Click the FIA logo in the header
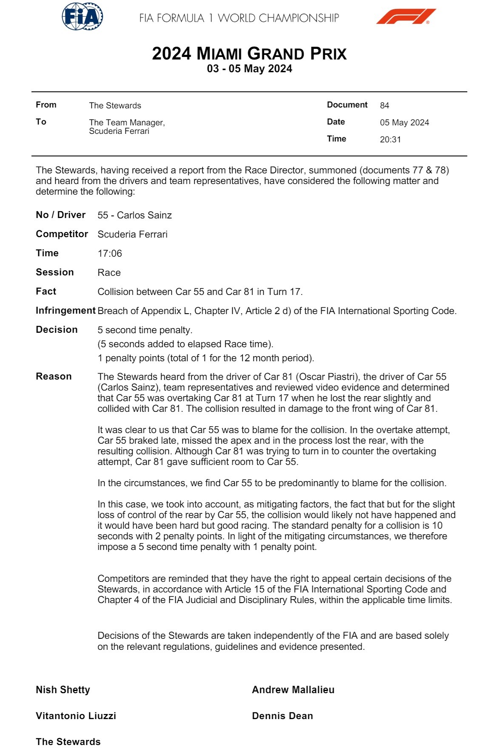(82, 17)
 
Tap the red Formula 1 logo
(406, 17)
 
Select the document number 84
(384, 105)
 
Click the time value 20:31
(390, 139)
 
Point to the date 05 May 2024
(404, 122)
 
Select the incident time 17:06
(110, 253)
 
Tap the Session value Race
(109, 272)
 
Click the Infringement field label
(65, 311)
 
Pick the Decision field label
(57, 330)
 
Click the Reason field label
(54, 377)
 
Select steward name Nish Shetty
(63, 690)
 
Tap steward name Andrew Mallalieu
(293, 690)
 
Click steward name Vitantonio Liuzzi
(76, 716)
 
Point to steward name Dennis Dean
(282, 716)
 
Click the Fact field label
(46, 292)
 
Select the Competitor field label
(62, 234)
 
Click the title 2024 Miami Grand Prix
(250, 54)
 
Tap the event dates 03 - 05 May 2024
(250, 69)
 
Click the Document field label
(347, 105)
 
